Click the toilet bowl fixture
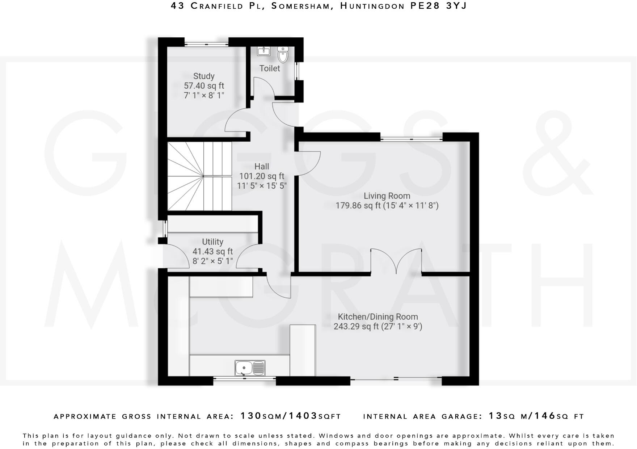pyautogui.click(x=283, y=55)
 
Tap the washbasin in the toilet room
pyautogui.click(x=264, y=51)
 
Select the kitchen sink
pyautogui.click(x=250, y=368)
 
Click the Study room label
pyautogui.click(x=204, y=76)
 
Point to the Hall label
pyautogui.click(x=262, y=167)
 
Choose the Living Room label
pyautogui.click(x=387, y=196)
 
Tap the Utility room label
pyautogui.click(x=212, y=242)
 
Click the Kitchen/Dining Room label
pyautogui.click(x=378, y=317)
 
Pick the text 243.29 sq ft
pyautogui.click(x=356, y=327)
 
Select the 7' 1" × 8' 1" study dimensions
pyautogui.click(x=204, y=96)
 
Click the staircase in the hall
pyautogui.click(x=199, y=176)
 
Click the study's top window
pyautogui.click(x=206, y=44)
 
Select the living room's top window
pyautogui.click(x=411, y=138)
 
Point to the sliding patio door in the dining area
pyautogui.click(x=396, y=379)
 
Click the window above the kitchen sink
pyautogui.click(x=244, y=379)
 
